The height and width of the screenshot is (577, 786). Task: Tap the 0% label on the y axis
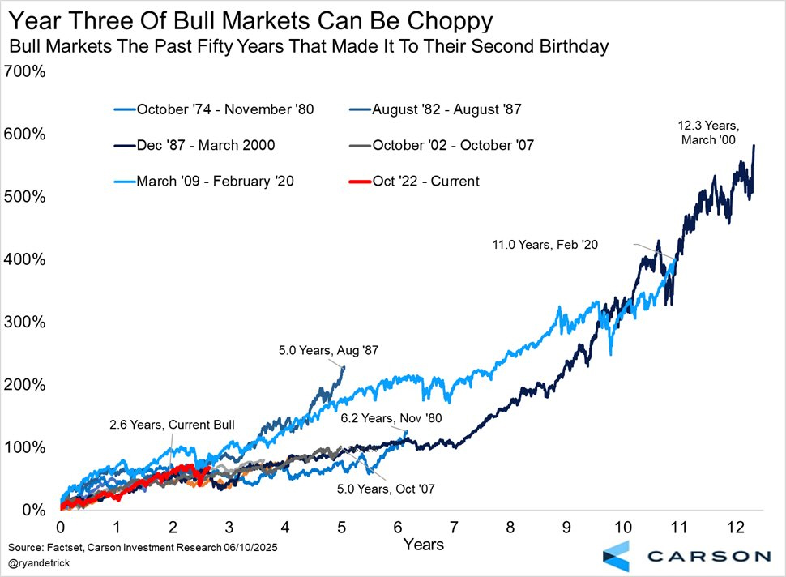(x=33, y=511)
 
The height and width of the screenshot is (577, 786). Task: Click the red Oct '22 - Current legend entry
(x=425, y=181)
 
